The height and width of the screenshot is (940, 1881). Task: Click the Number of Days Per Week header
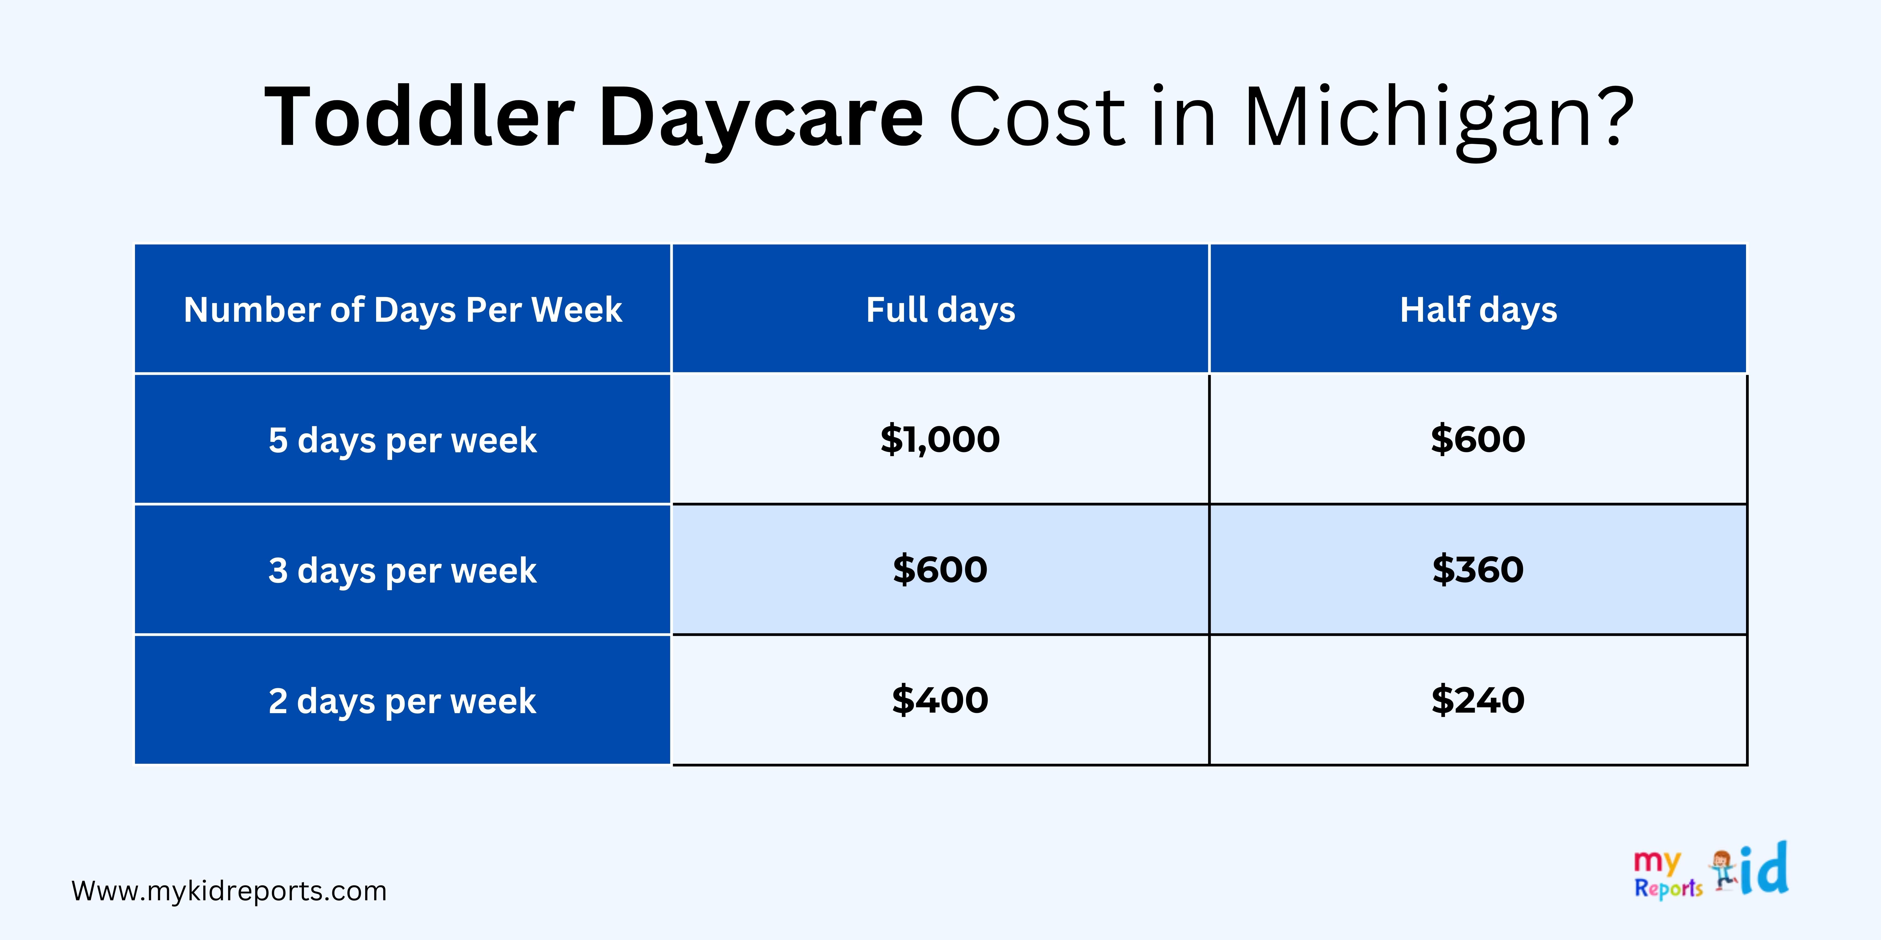(402, 310)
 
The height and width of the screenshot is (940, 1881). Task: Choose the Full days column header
(941, 310)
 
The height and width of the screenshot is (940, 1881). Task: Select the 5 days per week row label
(402, 440)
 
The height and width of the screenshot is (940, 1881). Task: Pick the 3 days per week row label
(402, 570)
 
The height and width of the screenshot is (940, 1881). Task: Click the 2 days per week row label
(402, 701)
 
